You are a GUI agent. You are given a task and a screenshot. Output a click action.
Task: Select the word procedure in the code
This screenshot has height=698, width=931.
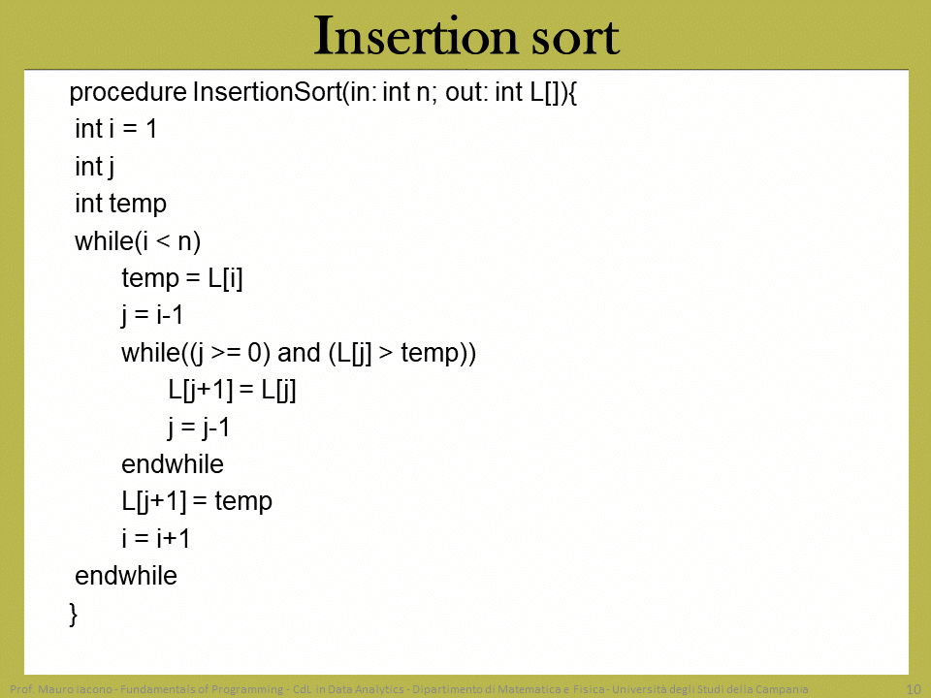pos(128,93)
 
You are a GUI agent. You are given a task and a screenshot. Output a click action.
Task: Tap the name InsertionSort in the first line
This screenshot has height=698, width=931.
pos(268,92)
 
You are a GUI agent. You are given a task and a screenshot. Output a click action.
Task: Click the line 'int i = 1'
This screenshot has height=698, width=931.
pos(115,129)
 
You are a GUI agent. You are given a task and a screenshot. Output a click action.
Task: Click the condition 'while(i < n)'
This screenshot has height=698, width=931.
pos(138,241)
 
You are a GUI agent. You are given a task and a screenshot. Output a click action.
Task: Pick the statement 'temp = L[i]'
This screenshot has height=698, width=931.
pos(182,278)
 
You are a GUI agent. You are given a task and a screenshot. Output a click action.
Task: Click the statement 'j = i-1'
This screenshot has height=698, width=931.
pos(152,315)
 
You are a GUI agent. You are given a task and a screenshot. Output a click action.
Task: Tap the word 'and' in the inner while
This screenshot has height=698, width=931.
pos(300,353)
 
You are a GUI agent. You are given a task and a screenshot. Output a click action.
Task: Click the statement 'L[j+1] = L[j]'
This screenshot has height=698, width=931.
pos(232,391)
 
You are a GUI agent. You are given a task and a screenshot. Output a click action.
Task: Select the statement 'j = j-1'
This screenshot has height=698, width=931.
pos(199,428)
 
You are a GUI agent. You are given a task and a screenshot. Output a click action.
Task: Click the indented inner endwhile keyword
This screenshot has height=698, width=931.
pos(173,464)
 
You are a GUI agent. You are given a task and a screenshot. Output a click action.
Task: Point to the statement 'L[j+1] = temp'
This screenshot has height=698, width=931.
pos(197,501)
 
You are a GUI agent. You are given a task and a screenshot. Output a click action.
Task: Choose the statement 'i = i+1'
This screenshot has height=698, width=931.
pos(156,538)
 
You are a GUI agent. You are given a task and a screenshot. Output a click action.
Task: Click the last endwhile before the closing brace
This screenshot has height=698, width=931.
pos(126,576)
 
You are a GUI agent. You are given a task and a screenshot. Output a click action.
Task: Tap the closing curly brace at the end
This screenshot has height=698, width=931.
pos(73,614)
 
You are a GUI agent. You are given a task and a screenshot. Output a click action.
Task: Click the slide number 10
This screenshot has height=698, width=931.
pos(914,689)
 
